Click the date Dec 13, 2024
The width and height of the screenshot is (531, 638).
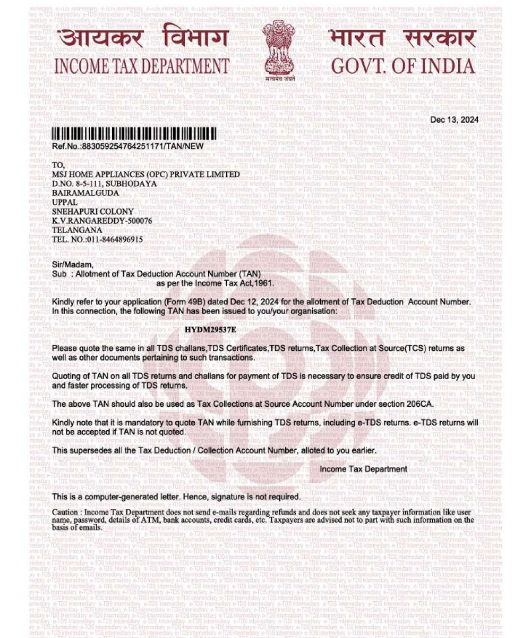pos(454,120)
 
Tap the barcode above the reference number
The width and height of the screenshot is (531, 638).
pos(134,133)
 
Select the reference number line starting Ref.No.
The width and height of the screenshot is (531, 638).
pos(127,146)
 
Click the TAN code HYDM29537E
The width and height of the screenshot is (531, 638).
pos(210,330)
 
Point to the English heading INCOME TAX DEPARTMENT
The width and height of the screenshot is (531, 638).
pos(142,66)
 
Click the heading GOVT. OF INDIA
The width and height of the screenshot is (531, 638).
pos(403,66)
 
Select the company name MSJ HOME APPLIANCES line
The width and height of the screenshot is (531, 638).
pos(146,174)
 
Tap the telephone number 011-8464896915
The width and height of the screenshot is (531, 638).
pos(114,239)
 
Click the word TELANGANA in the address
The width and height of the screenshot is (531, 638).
pos(77,230)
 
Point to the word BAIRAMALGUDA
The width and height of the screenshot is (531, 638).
pos(85,192)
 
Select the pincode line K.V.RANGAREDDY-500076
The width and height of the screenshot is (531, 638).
pos(102,221)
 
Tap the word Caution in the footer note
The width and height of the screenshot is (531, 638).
pos(65,512)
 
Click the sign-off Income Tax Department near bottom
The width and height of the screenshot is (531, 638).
pos(363,469)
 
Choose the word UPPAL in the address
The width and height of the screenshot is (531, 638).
pos(65,202)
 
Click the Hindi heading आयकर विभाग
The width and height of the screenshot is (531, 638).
pos(143,38)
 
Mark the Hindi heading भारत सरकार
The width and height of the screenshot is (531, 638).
pos(401,38)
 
